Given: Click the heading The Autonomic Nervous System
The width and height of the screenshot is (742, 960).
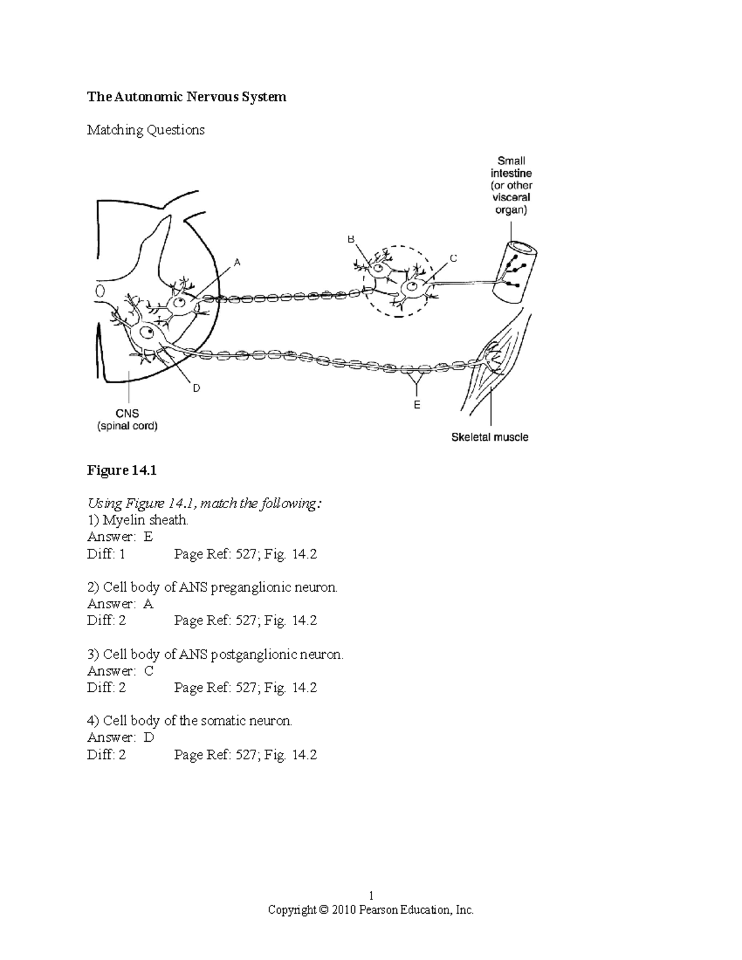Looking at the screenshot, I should pos(186,96).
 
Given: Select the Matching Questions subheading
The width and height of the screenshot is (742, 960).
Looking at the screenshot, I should pos(145,130).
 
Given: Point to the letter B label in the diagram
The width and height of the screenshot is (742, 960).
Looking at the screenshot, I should pos(351,239).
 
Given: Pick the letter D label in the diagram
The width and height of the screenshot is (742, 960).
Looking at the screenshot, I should pos(196,388).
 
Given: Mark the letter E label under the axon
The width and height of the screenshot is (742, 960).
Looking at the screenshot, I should pos(417,405).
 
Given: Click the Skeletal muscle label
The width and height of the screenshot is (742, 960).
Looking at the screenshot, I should pos(490,437).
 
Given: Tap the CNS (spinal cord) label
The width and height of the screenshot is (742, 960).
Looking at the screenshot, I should pos(127,420).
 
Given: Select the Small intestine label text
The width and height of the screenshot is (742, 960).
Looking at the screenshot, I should pos(511,167).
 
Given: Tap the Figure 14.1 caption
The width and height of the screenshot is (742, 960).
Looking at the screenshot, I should pos(122,470).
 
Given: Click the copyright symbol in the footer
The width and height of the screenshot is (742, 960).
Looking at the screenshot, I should pos(324,910).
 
